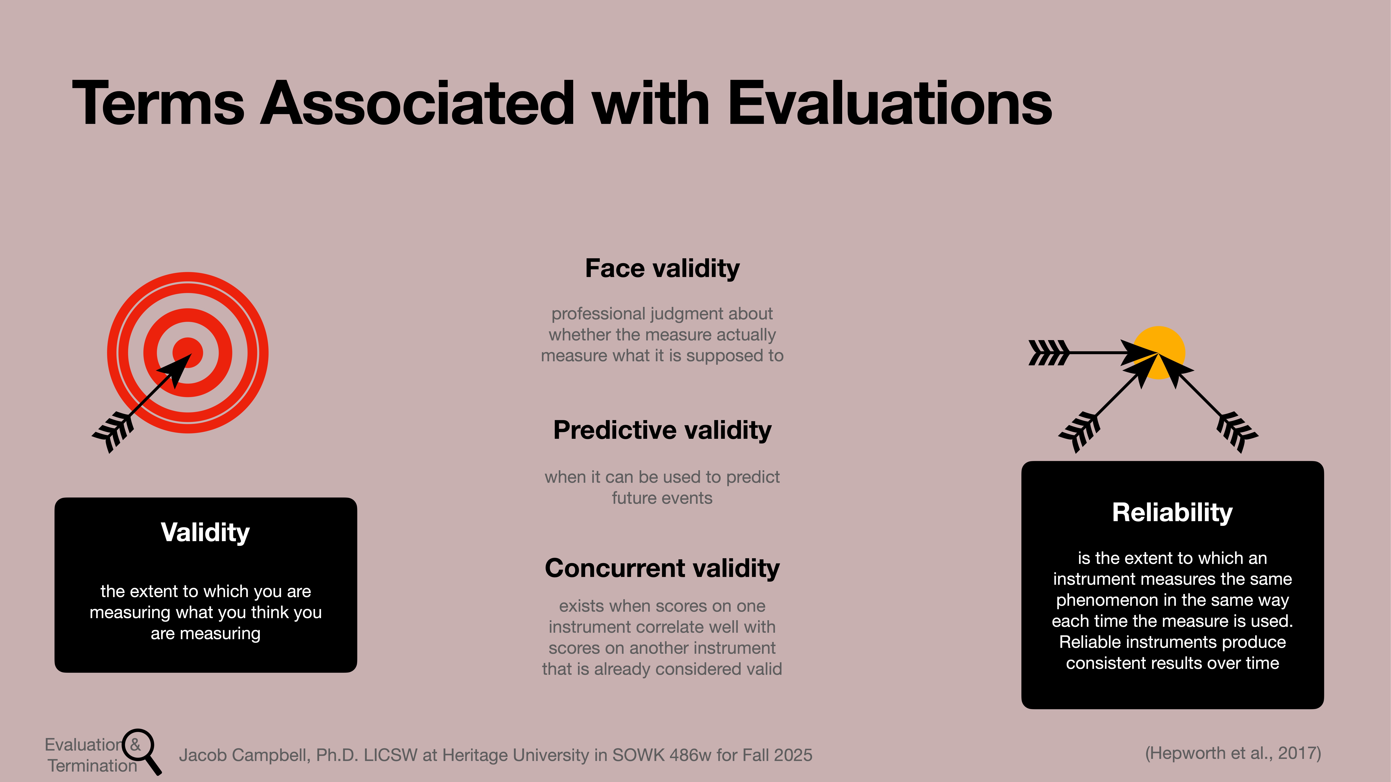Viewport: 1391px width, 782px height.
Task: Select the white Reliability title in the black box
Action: [1172, 512]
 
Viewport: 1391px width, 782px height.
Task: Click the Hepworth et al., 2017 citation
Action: [1233, 753]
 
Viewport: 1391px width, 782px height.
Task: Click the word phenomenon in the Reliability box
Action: [1106, 600]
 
